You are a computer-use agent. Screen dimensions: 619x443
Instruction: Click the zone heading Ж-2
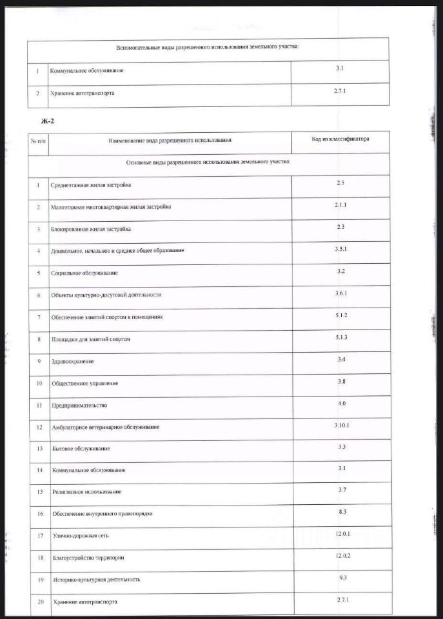47,121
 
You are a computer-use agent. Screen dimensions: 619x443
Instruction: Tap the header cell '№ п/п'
38,140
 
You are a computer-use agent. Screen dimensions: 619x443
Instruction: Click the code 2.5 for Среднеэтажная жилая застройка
341,184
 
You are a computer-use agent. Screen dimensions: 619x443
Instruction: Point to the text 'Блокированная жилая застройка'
92,229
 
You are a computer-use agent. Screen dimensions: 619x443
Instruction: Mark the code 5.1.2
341,315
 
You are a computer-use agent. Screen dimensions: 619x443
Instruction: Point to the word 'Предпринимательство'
79,406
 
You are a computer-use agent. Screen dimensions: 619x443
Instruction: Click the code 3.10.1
341,426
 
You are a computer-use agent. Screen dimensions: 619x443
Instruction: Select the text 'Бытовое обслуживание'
81,448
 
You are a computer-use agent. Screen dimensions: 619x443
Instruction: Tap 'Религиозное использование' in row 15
87,492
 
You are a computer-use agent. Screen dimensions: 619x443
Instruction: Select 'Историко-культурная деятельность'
96,579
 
